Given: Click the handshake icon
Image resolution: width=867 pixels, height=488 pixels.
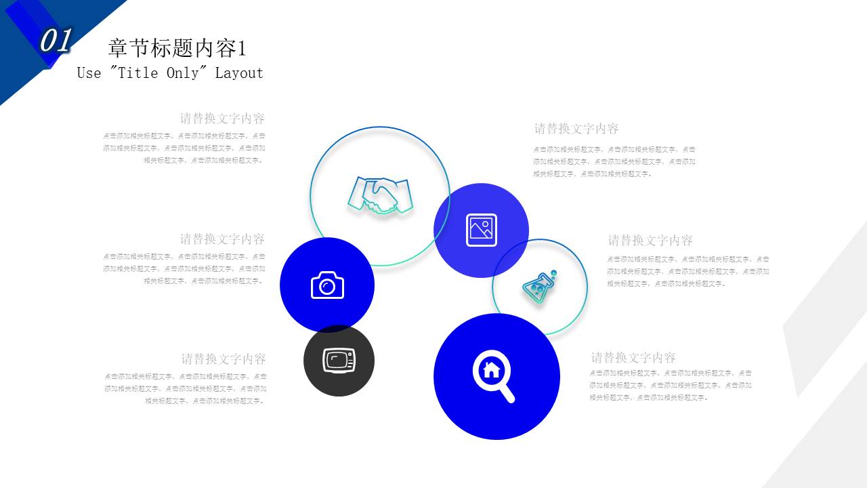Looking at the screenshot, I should click(x=380, y=196).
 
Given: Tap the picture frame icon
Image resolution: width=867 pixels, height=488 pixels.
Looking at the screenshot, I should click(x=482, y=230).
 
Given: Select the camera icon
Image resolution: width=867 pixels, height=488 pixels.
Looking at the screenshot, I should click(x=327, y=285).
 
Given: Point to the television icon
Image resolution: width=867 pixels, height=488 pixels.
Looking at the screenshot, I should click(x=339, y=360).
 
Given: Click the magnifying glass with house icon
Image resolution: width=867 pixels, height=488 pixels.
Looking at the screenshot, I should click(x=493, y=375).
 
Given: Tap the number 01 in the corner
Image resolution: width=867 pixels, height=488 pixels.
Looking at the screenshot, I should click(x=55, y=41).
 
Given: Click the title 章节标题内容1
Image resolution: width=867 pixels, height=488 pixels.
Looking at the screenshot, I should click(x=177, y=48).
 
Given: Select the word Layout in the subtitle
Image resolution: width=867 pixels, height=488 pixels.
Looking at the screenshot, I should click(x=239, y=73).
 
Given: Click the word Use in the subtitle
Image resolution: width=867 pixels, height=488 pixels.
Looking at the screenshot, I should click(x=89, y=73).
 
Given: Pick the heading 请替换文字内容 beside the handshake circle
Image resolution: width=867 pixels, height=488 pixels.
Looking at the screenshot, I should click(x=222, y=118).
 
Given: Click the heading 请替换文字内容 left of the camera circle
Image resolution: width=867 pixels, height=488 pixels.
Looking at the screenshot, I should click(x=222, y=239).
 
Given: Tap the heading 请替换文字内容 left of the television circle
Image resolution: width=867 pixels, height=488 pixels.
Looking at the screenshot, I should click(x=224, y=359).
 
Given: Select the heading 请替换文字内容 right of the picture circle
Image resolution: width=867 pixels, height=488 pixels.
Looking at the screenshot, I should click(x=576, y=128).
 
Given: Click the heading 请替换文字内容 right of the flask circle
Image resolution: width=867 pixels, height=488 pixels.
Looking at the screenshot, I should click(x=650, y=240).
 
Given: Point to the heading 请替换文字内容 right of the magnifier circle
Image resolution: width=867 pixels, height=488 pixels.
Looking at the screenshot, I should click(x=633, y=357).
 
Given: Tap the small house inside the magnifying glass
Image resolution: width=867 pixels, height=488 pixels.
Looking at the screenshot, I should click(x=491, y=369).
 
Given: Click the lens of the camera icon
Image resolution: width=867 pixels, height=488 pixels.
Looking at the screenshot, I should click(x=328, y=287).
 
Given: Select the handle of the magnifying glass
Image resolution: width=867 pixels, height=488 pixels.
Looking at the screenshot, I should click(x=507, y=393).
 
